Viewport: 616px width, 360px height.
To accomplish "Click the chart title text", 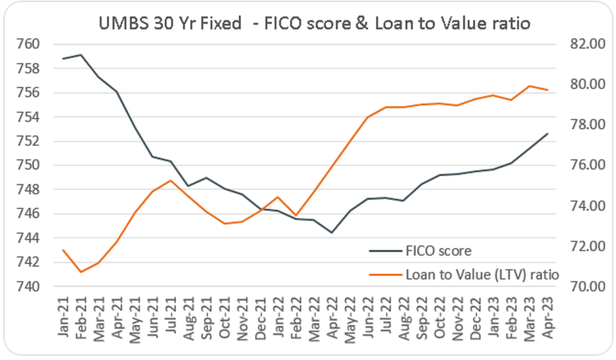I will point(314,23).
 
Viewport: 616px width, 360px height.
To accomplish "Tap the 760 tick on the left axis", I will point(28,44).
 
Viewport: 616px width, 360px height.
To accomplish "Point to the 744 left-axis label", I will point(28,238).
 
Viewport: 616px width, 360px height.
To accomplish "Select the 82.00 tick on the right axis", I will point(588,44).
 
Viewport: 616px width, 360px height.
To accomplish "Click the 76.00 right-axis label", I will point(588,165).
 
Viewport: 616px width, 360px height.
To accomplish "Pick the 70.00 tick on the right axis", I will point(588,287).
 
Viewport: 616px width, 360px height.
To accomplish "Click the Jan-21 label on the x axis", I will point(63,317).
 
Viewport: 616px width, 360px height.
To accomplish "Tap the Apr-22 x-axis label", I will point(332,317).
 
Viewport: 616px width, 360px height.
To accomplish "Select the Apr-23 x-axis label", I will point(547,317).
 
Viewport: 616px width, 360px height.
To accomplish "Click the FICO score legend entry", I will point(438,251).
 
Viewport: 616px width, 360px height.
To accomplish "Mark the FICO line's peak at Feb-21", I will point(81,55).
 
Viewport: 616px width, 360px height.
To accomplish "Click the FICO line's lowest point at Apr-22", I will point(332,232).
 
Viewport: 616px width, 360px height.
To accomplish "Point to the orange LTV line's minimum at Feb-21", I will point(81,272).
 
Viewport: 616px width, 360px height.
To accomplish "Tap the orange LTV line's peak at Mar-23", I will point(530,86).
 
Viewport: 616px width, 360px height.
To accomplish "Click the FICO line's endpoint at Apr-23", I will point(547,134).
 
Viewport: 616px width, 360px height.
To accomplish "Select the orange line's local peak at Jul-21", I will point(170,181).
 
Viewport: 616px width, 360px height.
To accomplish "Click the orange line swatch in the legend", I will point(385,275).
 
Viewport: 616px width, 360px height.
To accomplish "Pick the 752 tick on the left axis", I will point(28,141).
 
